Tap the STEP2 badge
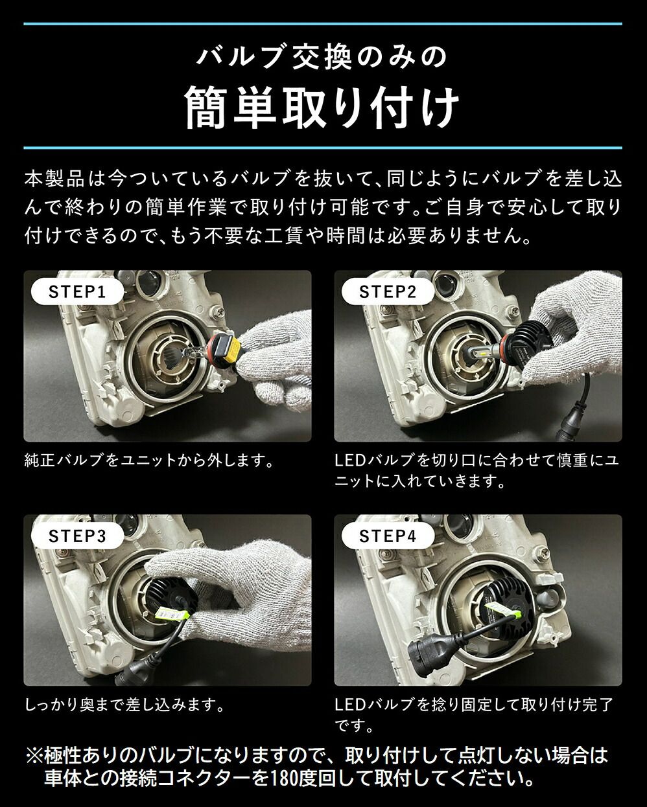(x=387, y=291)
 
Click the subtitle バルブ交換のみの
(x=322, y=57)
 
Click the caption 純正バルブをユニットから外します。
(x=147, y=461)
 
